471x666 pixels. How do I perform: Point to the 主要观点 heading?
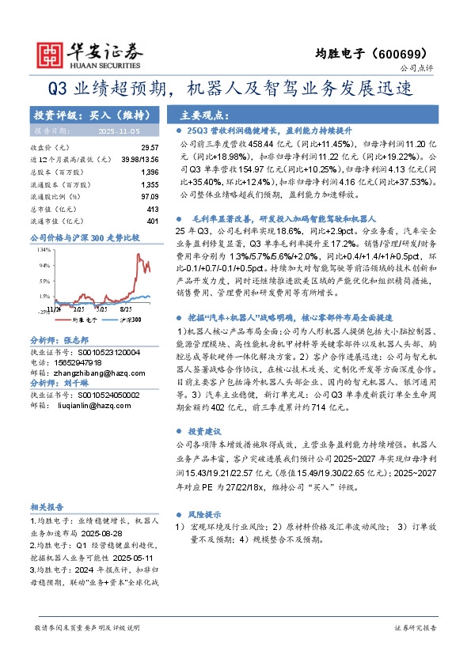[x=205, y=114]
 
